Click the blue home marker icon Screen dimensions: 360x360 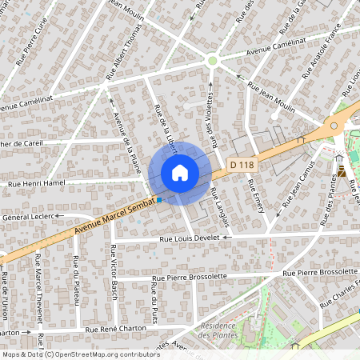coord(180,173)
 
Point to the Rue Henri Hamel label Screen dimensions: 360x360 coord(36,183)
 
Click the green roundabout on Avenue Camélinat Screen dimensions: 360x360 coord(212,60)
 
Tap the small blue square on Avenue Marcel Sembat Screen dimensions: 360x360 coord(159,200)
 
